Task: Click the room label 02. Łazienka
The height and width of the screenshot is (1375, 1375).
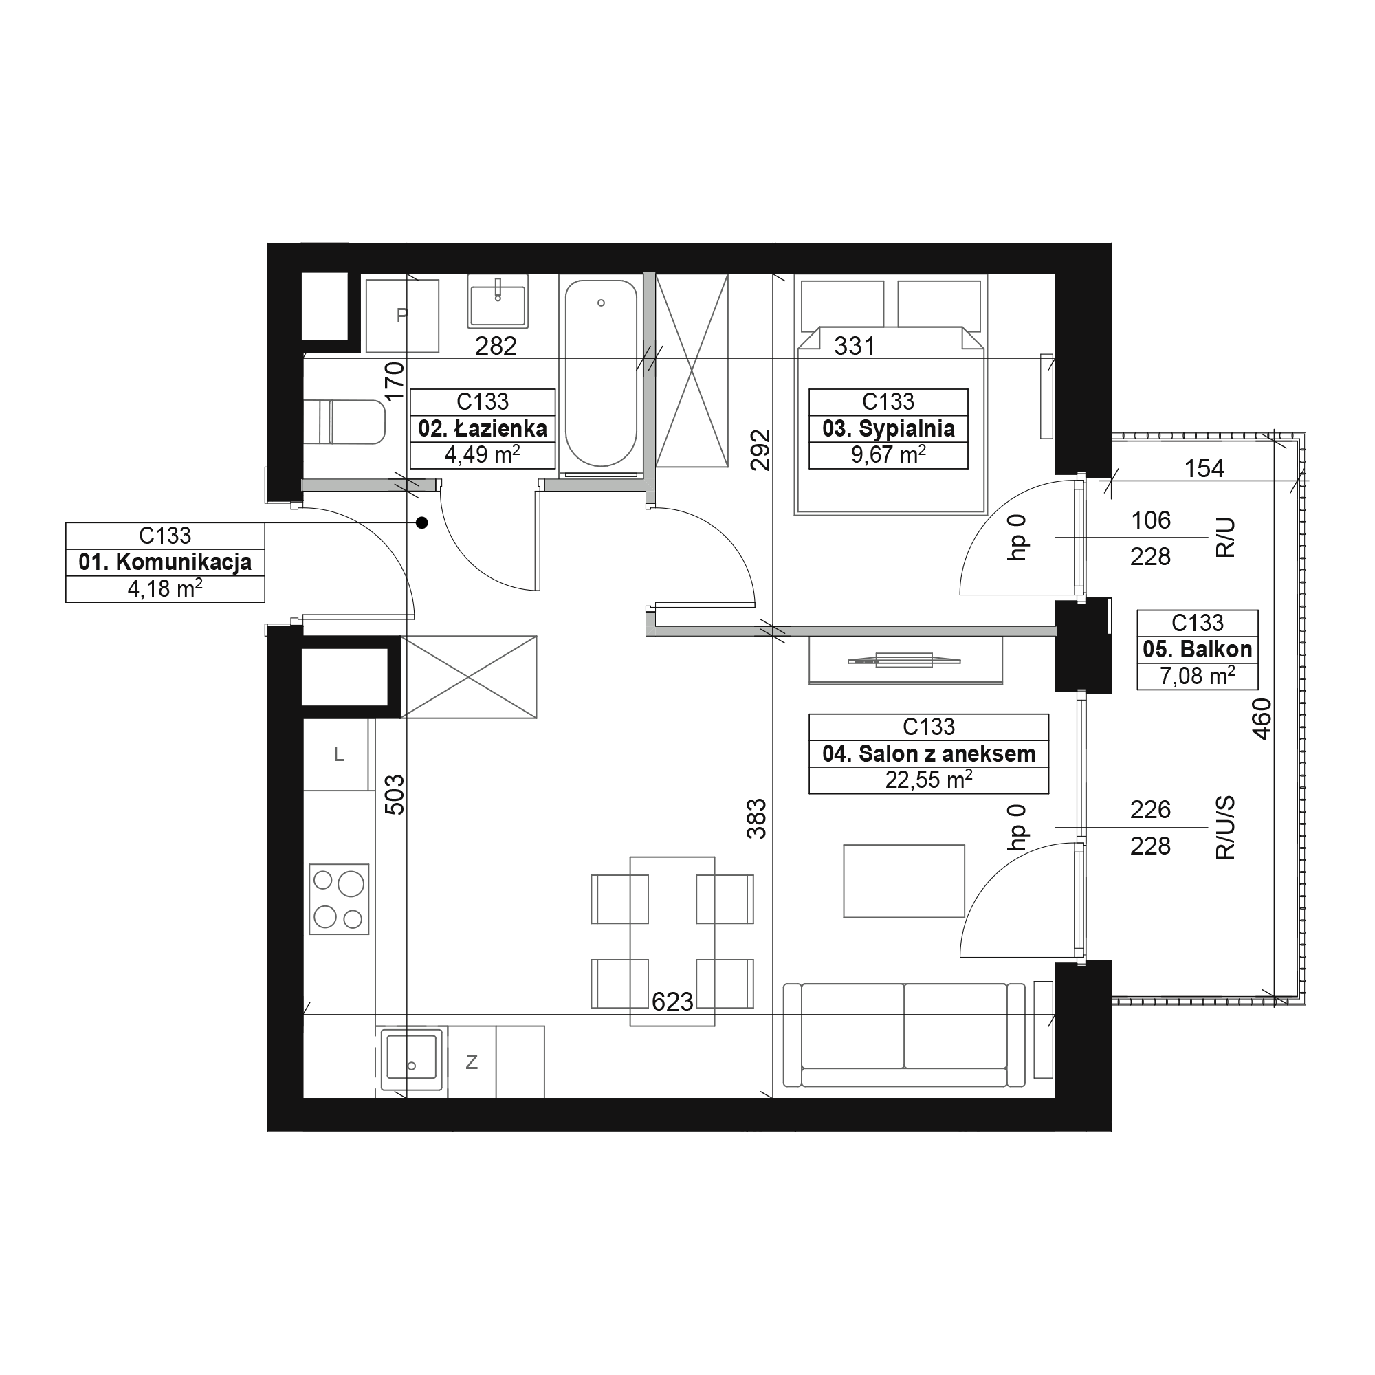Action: (483, 428)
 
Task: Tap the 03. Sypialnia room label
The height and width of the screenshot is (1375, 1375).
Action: (888, 428)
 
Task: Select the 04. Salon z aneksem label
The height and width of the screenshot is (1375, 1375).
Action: (929, 753)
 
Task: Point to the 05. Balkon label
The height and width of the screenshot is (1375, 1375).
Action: (1197, 650)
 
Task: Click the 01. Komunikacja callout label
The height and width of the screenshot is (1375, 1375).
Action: (165, 562)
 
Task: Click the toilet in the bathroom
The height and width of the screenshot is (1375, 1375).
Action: (344, 422)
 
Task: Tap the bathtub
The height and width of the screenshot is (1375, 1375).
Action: (601, 373)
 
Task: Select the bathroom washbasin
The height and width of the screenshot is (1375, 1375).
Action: (498, 302)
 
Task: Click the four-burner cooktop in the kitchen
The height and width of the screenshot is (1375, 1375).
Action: (339, 899)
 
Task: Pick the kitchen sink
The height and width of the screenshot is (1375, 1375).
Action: (410, 1058)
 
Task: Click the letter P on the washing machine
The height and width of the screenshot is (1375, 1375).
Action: (402, 316)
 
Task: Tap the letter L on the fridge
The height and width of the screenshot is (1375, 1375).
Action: (340, 754)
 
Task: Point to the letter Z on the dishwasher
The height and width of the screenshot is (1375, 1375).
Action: (471, 1063)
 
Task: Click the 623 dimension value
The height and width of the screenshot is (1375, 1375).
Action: (672, 1002)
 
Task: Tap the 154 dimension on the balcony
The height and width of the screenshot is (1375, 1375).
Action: (1204, 468)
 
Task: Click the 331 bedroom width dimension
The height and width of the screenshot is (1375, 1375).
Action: (854, 346)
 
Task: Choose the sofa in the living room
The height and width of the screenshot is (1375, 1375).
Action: (905, 1035)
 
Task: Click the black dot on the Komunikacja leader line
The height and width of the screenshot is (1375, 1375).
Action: (422, 523)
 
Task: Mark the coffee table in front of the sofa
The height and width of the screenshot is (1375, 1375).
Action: (904, 881)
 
